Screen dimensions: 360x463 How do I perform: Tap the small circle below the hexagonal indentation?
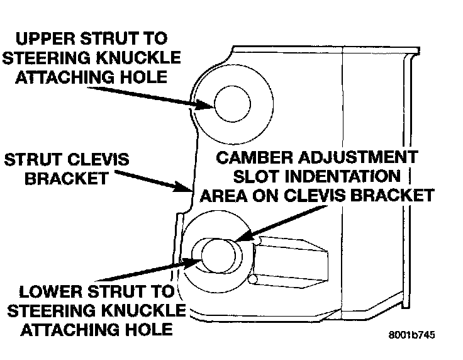pyautogui.click(x=253, y=278)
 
